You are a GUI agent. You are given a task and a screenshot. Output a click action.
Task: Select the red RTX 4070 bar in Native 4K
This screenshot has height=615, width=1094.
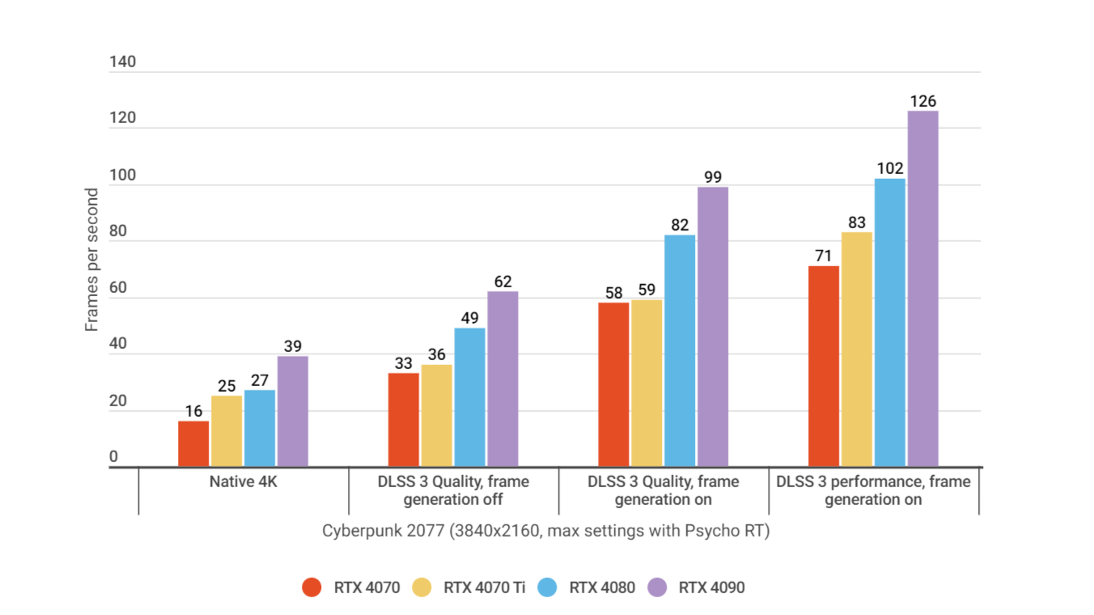click(x=193, y=443)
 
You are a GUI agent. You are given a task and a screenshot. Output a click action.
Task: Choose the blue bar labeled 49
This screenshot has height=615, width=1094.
click(x=469, y=397)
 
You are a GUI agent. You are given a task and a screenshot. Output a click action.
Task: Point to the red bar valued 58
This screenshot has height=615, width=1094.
click(x=613, y=384)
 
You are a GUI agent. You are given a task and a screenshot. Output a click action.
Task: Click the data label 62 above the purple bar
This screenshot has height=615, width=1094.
click(x=502, y=282)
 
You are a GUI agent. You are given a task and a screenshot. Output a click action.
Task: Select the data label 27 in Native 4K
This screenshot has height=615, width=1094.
click(x=260, y=380)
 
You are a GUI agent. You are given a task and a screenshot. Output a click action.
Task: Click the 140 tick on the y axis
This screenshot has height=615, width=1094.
click(x=123, y=62)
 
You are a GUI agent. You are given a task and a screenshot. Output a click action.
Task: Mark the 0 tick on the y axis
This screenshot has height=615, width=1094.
click(x=114, y=457)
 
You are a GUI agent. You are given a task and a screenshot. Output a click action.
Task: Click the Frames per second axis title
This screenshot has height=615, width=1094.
click(x=92, y=260)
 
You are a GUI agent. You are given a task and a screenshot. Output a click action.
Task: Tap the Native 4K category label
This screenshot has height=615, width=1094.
click(x=243, y=482)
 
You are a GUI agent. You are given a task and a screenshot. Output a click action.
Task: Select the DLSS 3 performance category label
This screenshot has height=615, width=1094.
click(x=873, y=490)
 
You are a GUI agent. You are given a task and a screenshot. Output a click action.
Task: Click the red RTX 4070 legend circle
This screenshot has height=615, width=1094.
click(x=312, y=587)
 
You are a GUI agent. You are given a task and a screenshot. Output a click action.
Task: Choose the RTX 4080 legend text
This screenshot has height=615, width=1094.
click(x=602, y=587)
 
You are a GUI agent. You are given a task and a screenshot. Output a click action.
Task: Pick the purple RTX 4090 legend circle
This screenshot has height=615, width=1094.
click(x=658, y=587)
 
